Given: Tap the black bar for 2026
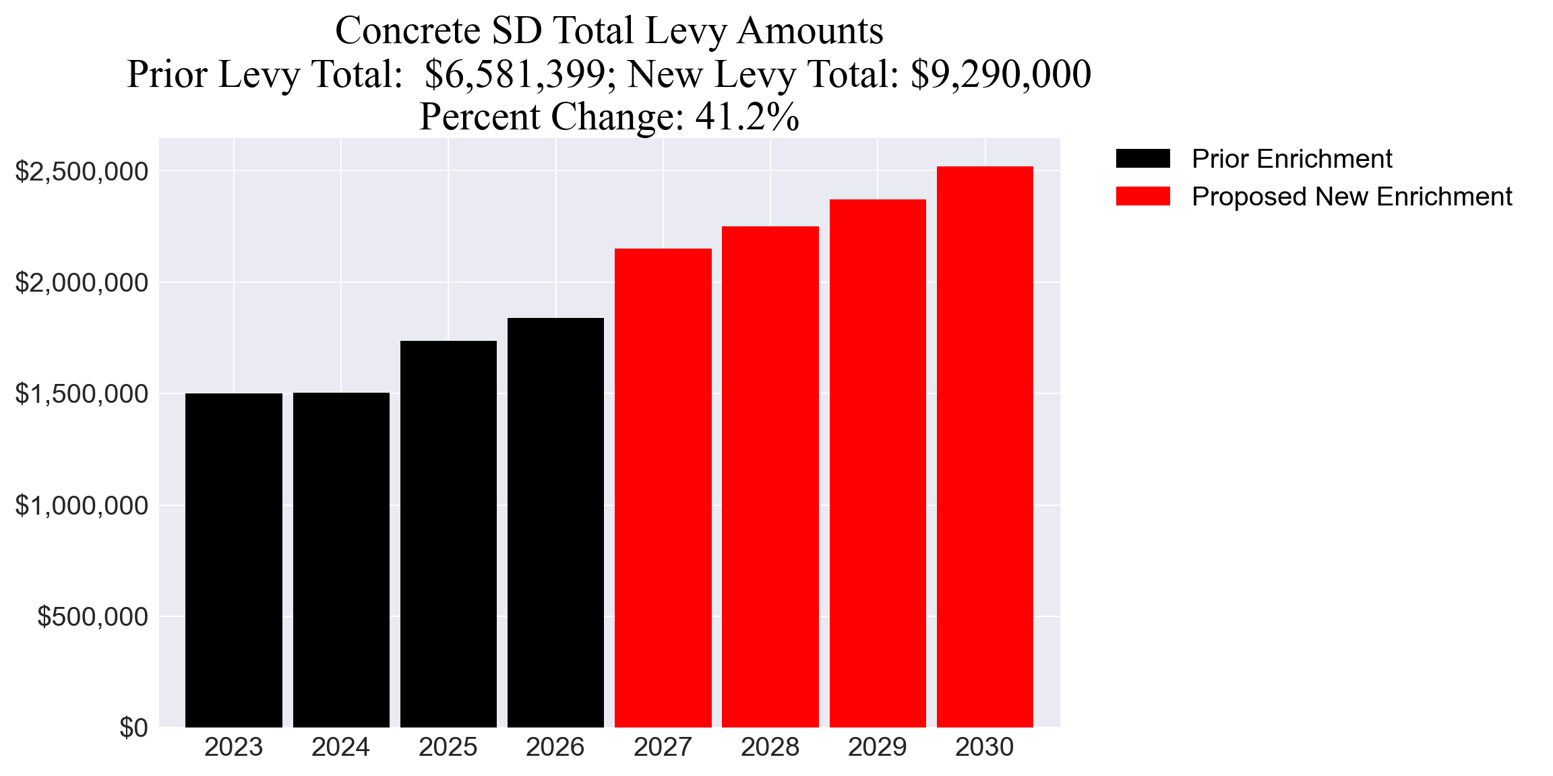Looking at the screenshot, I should coord(555,523).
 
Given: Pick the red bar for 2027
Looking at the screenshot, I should coord(663,488).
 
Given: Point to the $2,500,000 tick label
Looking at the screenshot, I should coord(82,172).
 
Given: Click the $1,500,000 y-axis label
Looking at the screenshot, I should coord(82,394).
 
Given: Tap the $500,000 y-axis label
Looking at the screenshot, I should coord(92,616).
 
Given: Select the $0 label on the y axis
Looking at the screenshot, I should coord(133,728).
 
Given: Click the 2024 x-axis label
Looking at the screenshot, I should coord(340,748).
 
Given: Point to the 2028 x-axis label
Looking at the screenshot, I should coord(770,748).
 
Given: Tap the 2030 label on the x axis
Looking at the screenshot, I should coord(984,748).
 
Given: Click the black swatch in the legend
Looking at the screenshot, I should coord(1143,159).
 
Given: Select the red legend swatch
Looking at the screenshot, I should coord(1143,197).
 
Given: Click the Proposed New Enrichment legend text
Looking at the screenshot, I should coord(1351,197).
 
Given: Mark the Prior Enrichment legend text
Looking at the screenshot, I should coord(1291,159).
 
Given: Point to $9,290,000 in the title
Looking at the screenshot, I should coord(1000,74).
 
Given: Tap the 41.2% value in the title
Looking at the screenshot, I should coord(748,117).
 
